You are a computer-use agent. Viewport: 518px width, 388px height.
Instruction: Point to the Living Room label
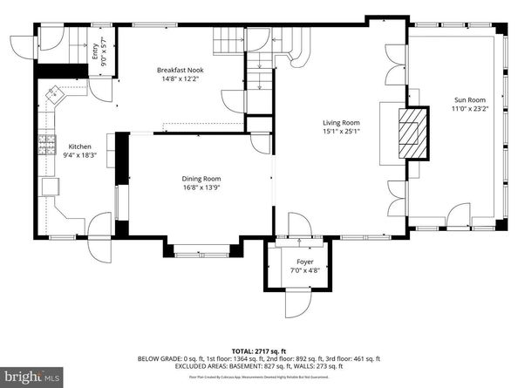point(339,123)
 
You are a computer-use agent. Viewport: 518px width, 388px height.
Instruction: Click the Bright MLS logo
point(32,377)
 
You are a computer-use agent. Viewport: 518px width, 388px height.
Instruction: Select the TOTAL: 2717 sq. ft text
point(259,348)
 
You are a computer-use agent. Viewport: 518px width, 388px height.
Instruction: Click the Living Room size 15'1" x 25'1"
point(339,133)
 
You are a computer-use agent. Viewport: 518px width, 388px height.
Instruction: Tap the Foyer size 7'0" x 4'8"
point(304,270)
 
